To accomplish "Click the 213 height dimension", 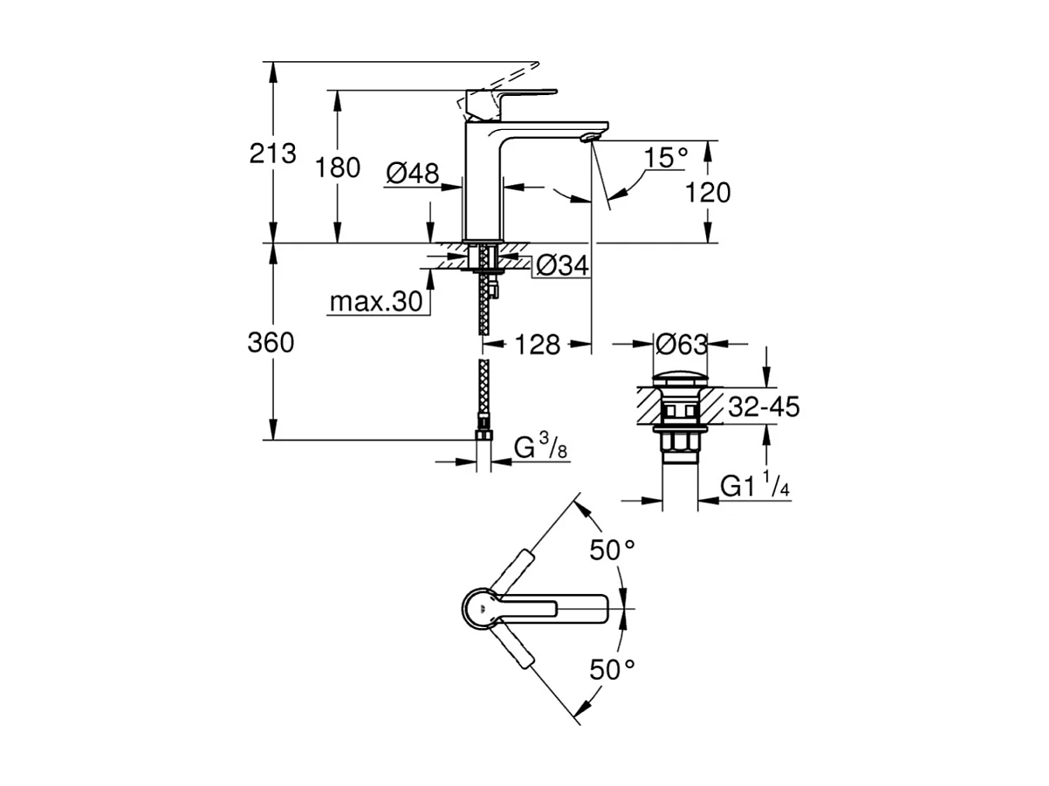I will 272,154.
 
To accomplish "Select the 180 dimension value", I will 337,167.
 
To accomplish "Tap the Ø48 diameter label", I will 412,174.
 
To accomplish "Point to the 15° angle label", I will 667,158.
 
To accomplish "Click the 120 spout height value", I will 708,192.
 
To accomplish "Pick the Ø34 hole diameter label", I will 562,265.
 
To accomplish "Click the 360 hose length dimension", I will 271,343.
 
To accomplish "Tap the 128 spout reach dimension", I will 538,345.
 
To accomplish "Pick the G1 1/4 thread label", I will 755,486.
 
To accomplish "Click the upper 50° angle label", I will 611,551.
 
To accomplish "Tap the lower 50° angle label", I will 611,670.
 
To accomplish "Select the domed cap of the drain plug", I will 680,379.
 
